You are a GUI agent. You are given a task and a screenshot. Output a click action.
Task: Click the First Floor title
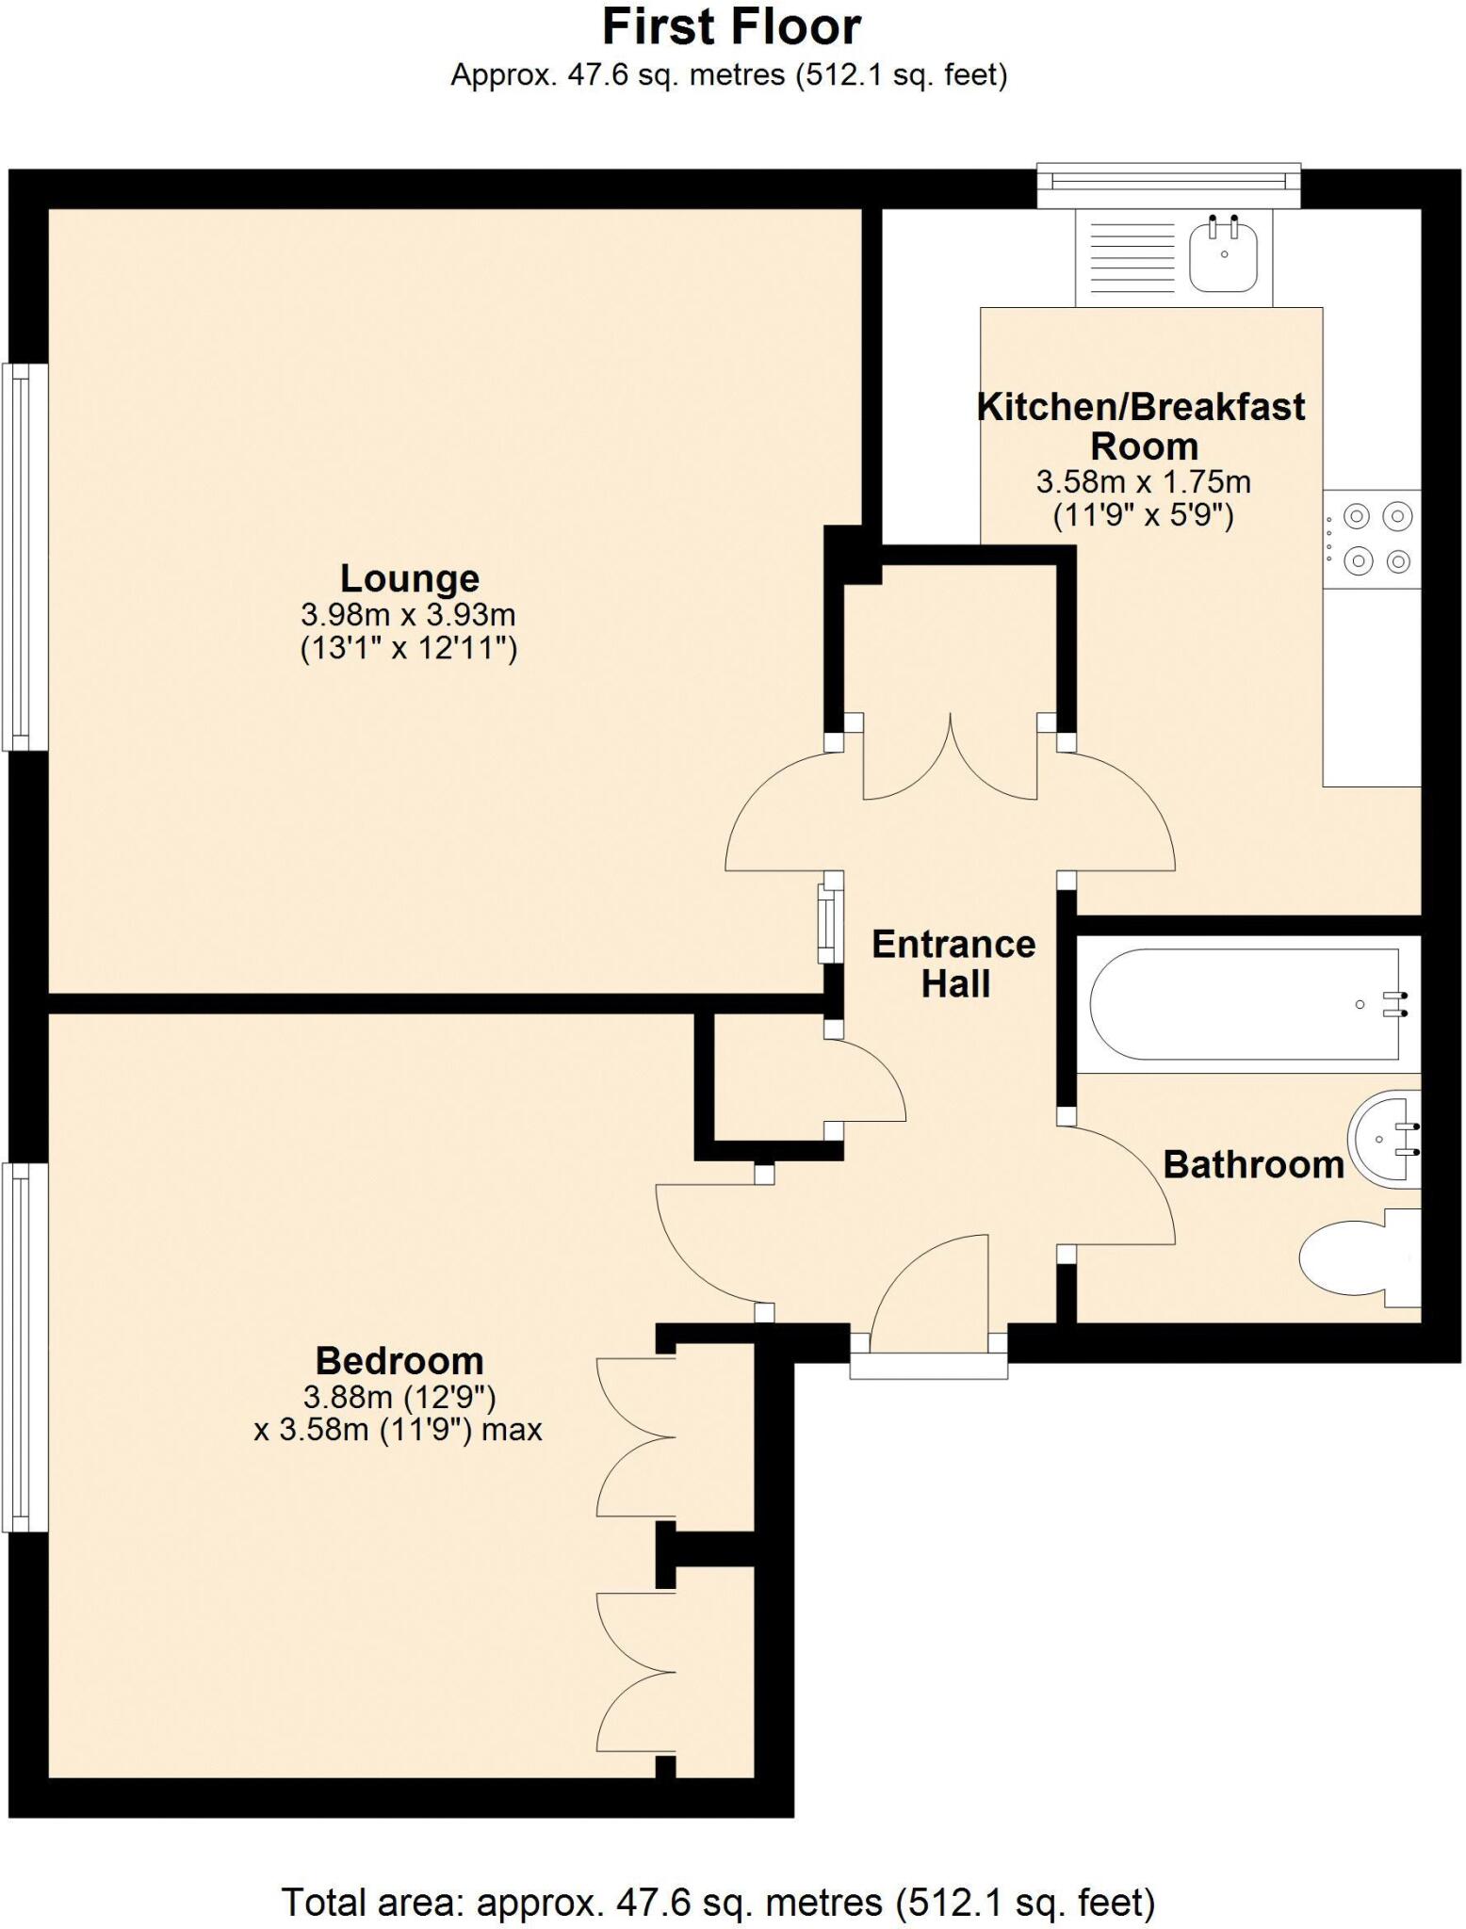pos(731,27)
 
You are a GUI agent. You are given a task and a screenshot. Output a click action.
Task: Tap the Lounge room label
pos(409,578)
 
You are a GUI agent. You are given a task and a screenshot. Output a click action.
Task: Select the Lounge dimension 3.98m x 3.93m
pos(408,615)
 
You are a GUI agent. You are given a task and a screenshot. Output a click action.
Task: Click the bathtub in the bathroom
pos(1244,1004)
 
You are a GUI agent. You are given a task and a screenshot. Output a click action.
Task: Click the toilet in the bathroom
pos(1357,1258)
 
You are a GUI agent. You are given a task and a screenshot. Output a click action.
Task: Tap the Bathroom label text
pos(1253,1165)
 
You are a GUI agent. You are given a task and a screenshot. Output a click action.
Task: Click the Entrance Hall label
pos(953,964)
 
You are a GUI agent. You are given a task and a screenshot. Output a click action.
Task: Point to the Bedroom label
pos(399,1361)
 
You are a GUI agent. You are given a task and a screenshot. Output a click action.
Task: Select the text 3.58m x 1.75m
pos(1143,482)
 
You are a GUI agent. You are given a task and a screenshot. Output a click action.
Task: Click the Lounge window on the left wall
pos(24,557)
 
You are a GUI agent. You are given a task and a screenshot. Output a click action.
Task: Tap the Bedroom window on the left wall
pos(24,1347)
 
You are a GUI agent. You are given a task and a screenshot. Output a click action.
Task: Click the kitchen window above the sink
pos(1168,185)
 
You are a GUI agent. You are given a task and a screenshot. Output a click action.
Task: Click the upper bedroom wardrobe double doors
pos(637,1437)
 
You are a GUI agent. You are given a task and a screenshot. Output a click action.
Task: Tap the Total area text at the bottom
pos(718,1902)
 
